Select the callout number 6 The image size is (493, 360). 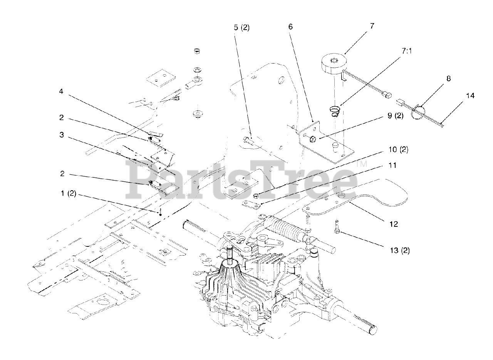[x=290, y=27]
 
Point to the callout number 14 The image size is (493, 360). [x=470, y=95]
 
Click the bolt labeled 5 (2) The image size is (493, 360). [x=247, y=141]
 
